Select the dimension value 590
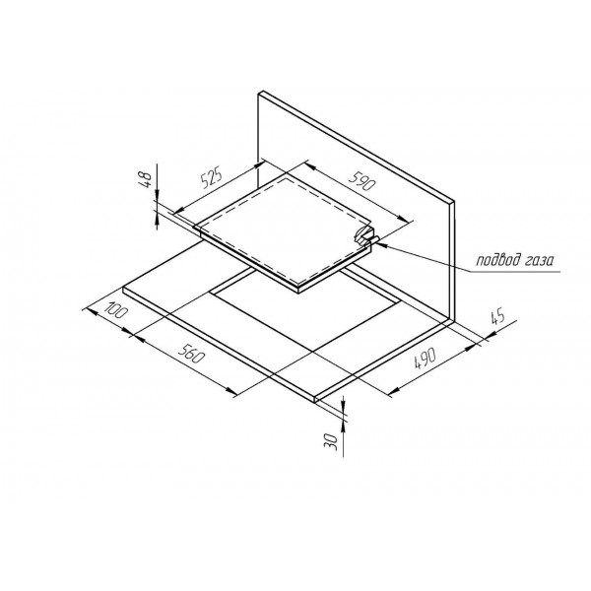coord(362,180)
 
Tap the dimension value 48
coord(146,180)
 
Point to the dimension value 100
coord(116,310)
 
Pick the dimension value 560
coord(191,355)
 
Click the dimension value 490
coord(425,359)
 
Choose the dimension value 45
coord(497,317)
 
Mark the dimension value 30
coord(331,441)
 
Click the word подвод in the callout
coord(496,260)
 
